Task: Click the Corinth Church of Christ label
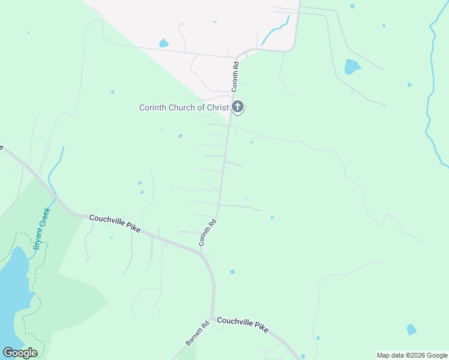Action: tap(184, 108)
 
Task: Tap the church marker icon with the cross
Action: tap(238, 107)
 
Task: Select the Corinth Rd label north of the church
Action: tap(236, 76)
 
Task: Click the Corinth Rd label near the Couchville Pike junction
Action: tap(208, 233)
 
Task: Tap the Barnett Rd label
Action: tap(197, 333)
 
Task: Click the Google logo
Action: tap(20, 353)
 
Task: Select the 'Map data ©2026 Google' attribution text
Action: tap(412, 355)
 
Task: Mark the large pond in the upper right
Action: tap(352, 66)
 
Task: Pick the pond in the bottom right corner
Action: tap(411, 329)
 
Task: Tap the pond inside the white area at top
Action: tap(163, 43)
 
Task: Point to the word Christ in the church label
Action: tap(217, 108)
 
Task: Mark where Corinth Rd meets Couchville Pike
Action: tap(201, 253)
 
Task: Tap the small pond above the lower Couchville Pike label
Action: tap(232, 272)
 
